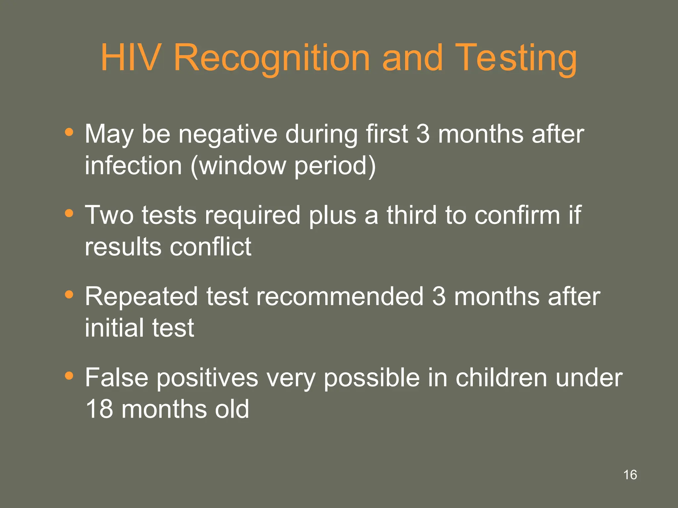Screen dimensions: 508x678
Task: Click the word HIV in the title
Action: coord(131,58)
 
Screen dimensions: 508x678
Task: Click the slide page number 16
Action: coord(630,475)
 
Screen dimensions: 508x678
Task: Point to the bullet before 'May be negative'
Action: coord(69,132)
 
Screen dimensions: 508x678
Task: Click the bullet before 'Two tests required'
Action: coord(69,213)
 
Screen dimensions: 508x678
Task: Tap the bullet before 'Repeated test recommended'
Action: coord(69,294)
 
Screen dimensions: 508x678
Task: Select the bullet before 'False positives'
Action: coord(69,376)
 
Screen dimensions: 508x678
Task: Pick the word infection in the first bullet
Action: coord(133,165)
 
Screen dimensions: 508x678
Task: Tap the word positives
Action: coord(207,378)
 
